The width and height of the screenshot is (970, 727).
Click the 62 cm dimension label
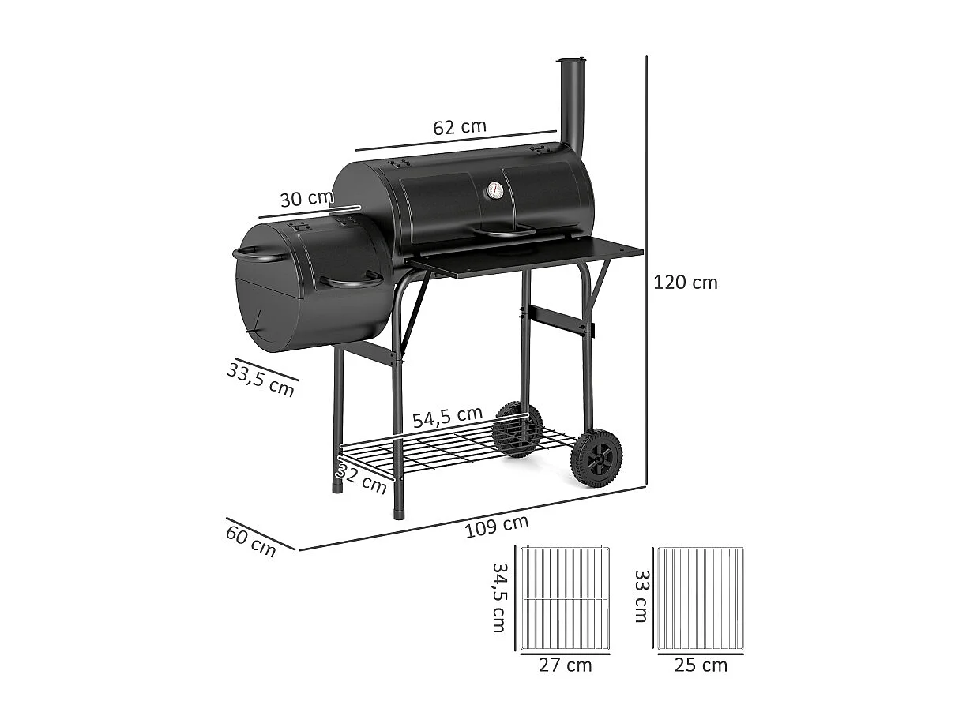point(460,126)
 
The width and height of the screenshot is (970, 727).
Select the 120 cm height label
point(685,283)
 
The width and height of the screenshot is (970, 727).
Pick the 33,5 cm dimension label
point(260,378)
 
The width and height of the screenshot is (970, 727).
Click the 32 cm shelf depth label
point(363,478)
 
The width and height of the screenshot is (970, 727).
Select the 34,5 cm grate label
point(498,597)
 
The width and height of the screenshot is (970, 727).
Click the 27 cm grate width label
point(565,665)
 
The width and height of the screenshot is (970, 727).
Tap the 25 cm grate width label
point(701,665)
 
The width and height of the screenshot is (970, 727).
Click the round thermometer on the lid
point(494,190)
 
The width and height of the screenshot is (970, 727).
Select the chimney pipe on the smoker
point(571,107)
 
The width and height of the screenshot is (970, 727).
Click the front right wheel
point(596,457)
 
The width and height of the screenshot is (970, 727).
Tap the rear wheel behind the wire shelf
point(517,429)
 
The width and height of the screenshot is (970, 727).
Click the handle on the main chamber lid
point(502,231)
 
